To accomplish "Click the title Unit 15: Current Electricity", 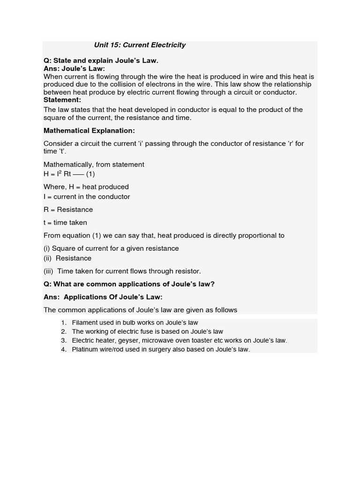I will (140, 45).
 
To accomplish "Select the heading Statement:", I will (62, 100).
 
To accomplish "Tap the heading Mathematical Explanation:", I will (89, 131).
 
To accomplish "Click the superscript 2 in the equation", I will (60, 172).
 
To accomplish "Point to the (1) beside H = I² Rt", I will (90, 174).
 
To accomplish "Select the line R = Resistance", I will (68, 210).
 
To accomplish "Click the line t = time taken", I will (65, 223).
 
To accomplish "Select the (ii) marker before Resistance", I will (48, 258).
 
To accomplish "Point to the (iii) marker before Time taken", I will (49, 271).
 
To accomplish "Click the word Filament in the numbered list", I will (84, 322).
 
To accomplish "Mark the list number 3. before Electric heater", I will (64, 340).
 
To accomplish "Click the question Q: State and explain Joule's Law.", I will (101, 60).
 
